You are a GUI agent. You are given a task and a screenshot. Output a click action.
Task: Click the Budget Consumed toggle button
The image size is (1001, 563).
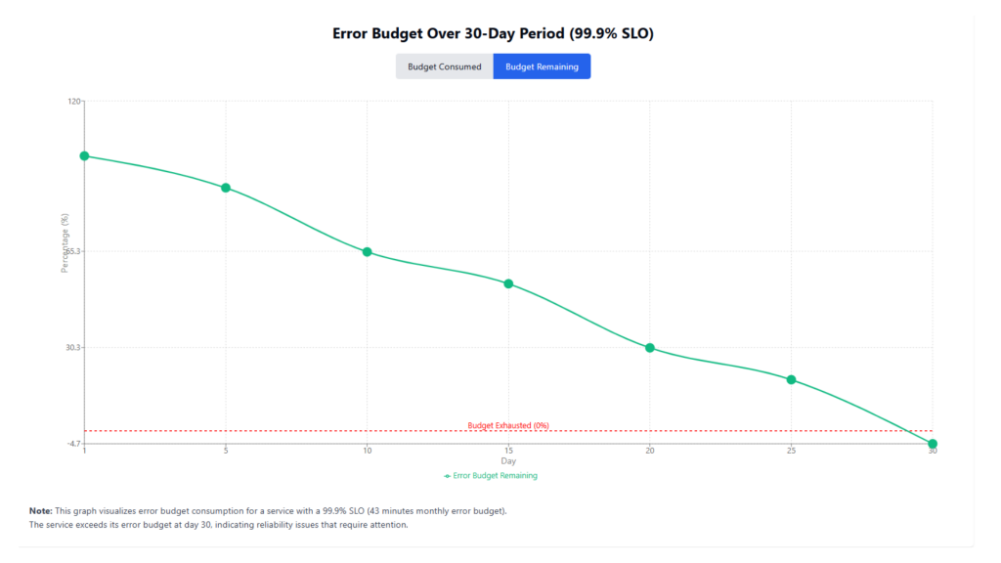445,66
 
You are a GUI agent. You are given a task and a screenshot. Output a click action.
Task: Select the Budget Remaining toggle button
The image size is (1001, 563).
542,66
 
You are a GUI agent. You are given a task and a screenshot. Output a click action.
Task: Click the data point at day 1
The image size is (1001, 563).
84,155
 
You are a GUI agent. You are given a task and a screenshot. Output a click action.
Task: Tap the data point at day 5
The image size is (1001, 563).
226,188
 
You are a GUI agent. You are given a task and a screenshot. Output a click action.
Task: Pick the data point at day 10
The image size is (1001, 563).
368,252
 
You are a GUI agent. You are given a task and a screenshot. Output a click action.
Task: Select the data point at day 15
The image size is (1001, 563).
508,283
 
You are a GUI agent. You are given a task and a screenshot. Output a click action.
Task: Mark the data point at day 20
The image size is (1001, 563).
650,348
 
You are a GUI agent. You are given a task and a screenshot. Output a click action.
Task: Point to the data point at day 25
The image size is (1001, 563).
792,379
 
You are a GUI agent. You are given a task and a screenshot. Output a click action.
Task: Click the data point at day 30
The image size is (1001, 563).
933,444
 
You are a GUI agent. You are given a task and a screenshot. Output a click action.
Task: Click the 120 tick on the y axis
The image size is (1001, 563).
74,101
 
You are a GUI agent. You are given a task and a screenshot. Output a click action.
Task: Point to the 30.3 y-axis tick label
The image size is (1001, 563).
73,348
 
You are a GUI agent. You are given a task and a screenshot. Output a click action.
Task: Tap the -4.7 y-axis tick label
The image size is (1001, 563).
73,444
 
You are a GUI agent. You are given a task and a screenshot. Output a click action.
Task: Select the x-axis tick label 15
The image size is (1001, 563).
508,451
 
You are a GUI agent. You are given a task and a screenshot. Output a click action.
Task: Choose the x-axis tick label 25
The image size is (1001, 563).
792,451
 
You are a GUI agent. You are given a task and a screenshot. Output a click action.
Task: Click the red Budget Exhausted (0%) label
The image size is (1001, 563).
508,425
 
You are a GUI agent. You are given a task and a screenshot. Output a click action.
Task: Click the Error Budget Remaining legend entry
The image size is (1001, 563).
491,476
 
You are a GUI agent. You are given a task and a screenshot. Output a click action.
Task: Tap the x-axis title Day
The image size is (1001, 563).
508,461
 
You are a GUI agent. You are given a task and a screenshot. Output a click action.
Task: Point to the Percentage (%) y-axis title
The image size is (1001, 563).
65,243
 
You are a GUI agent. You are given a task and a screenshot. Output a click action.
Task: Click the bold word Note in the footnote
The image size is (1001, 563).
40,511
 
